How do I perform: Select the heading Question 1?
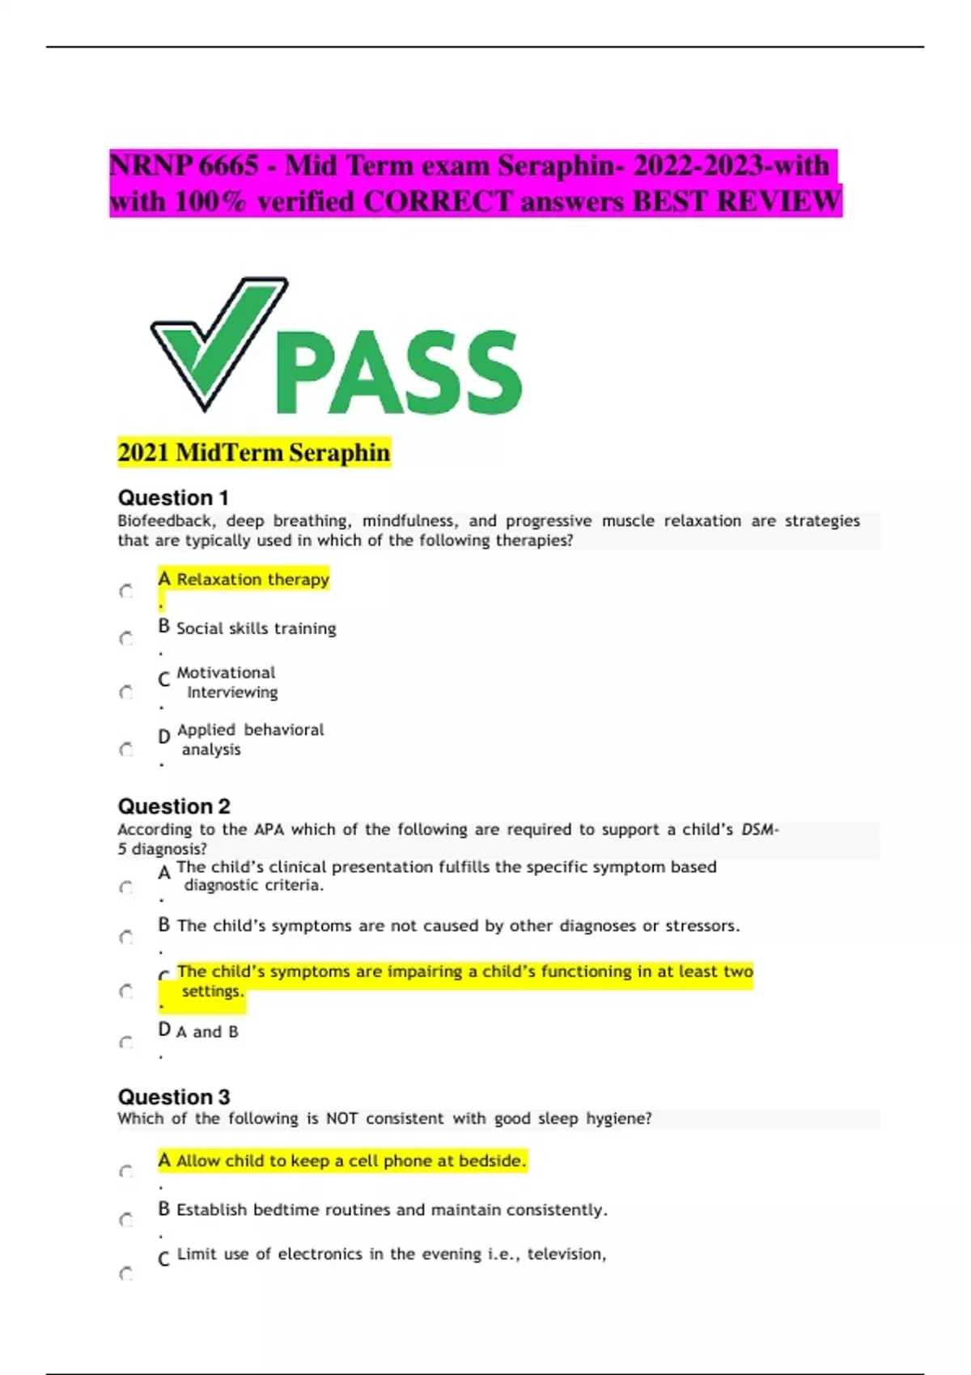click(x=173, y=497)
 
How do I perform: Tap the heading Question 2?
click(x=174, y=806)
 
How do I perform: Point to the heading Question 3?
click(x=174, y=1097)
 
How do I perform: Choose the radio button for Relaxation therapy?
click(x=126, y=591)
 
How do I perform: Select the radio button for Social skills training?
click(x=126, y=639)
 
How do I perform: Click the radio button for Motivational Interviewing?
click(x=126, y=692)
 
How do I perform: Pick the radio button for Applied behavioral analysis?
click(x=126, y=750)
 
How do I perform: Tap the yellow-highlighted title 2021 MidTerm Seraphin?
click(x=254, y=452)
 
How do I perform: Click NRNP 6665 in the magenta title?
click(x=184, y=166)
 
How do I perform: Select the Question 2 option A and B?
click(x=207, y=1031)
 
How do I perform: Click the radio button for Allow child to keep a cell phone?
click(x=126, y=1172)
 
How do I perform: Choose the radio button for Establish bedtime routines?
click(x=126, y=1220)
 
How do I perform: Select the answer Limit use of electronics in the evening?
click(x=391, y=1254)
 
